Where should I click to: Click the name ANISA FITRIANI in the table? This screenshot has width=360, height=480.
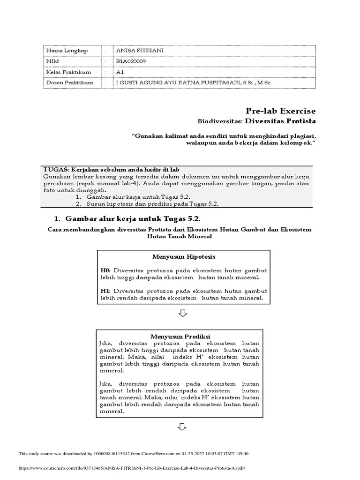[x=140, y=51]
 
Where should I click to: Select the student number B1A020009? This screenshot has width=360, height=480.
[x=133, y=61]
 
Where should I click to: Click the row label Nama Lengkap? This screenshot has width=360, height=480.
[x=67, y=51]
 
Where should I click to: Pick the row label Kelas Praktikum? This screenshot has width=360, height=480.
[x=68, y=72]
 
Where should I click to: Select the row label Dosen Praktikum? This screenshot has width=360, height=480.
[x=69, y=83]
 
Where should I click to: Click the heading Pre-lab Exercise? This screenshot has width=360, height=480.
[x=280, y=111]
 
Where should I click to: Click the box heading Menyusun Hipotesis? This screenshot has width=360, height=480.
[x=183, y=257]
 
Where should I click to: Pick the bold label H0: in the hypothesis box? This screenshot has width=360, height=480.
[x=106, y=271]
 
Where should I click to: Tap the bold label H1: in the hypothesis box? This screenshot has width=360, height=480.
[x=106, y=291]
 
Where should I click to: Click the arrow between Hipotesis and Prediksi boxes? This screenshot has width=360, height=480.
[x=183, y=313]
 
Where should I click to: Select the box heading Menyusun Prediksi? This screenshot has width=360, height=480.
[x=180, y=337]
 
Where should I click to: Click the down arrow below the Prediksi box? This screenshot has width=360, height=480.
[x=182, y=427]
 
